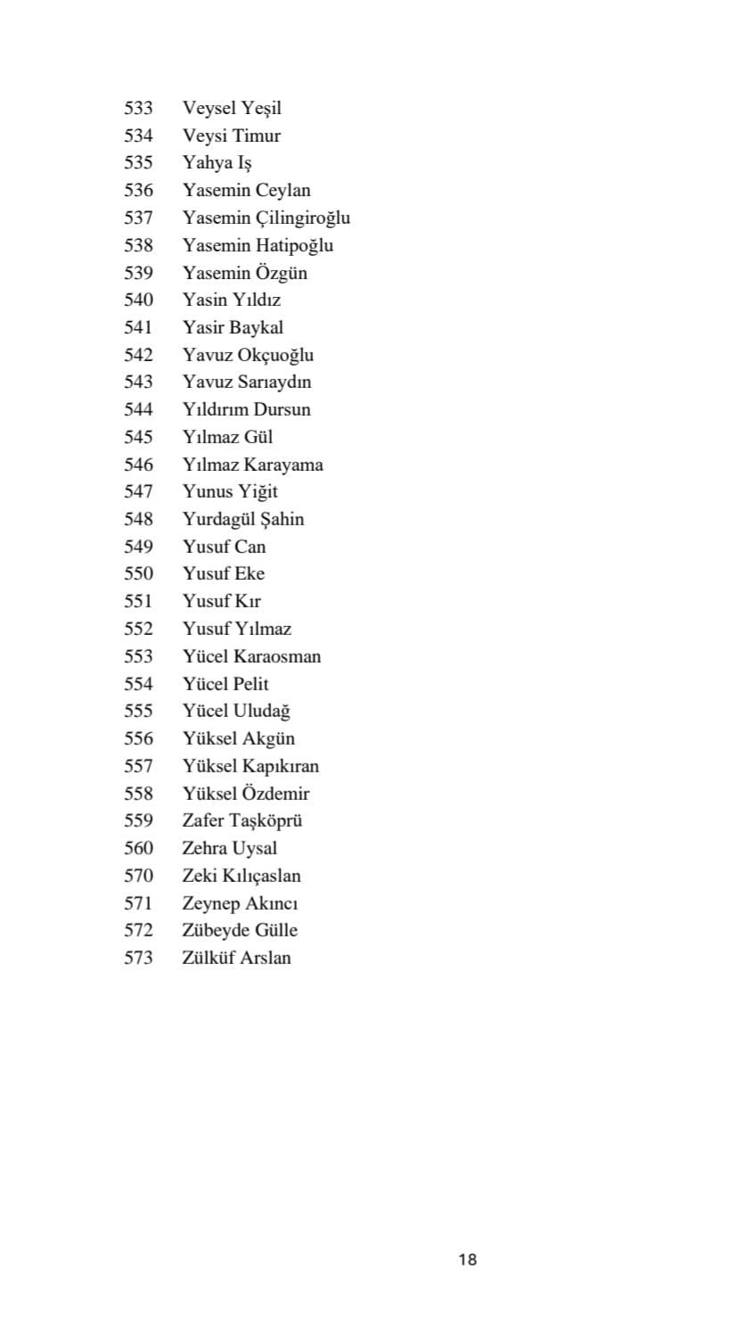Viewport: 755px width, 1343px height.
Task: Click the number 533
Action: tap(138, 108)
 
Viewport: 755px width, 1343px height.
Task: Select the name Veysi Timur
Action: tap(231, 136)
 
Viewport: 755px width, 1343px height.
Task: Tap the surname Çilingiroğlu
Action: tap(303, 218)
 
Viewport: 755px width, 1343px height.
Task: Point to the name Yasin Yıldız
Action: tap(231, 300)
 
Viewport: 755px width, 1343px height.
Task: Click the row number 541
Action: tap(138, 327)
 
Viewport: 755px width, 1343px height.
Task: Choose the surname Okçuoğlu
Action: tap(275, 355)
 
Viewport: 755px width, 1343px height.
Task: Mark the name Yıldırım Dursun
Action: tap(246, 409)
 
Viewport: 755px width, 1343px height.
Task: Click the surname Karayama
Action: tap(283, 465)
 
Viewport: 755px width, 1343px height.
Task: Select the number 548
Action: tap(138, 519)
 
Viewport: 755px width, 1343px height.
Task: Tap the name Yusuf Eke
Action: tap(223, 573)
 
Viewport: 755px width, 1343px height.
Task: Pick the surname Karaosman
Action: tap(277, 656)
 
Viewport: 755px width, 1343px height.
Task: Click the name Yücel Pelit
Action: tap(225, 684)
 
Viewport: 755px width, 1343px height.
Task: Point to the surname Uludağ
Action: tap(261, 711)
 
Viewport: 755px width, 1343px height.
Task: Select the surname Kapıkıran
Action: tap(281, 766)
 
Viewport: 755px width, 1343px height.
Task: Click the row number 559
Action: tap(138, 820)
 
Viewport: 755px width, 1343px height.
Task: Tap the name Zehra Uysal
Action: tap(229, 848)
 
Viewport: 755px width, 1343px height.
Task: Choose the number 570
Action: tap(138, 876)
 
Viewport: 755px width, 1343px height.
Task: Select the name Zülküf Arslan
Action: tap(236, 958)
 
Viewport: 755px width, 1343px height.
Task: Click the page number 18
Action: tap(467, 1259)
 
